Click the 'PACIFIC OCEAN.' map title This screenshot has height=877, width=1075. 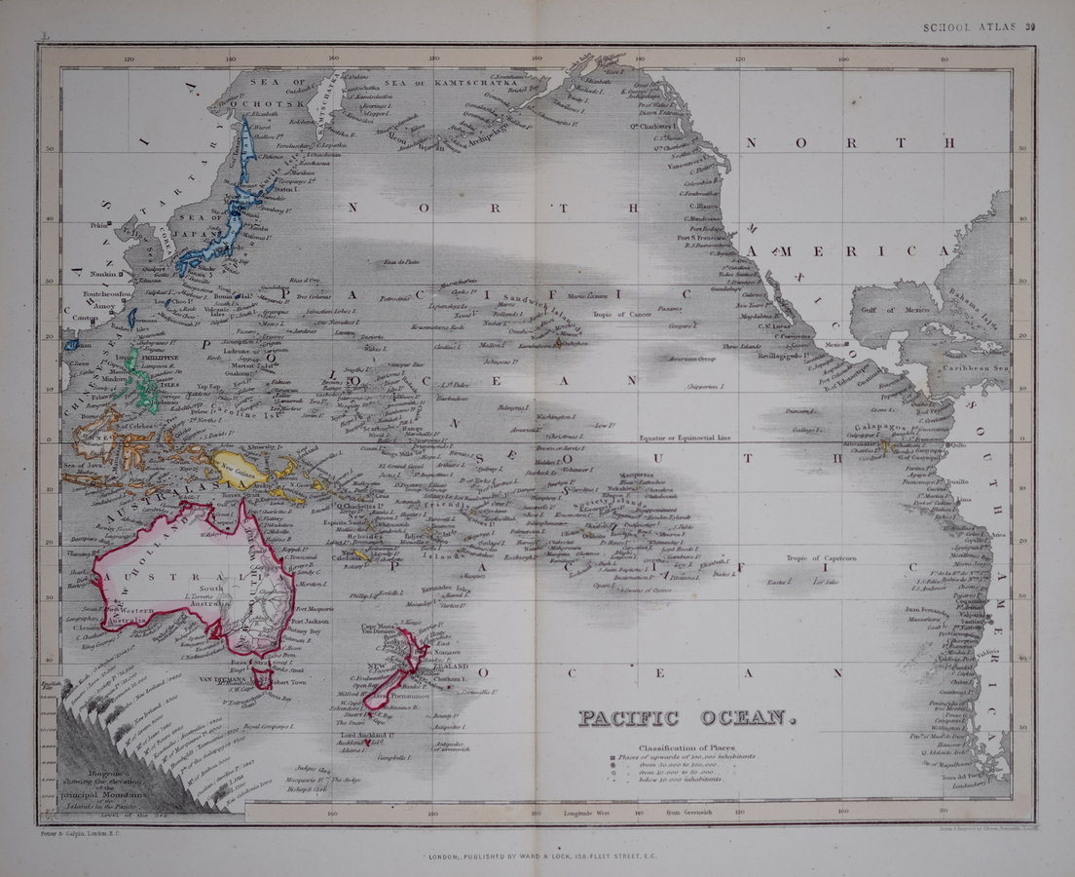687,719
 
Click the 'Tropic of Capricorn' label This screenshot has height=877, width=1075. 822,557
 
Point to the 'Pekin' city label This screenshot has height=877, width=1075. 97,225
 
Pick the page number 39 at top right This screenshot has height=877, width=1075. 1029,27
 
